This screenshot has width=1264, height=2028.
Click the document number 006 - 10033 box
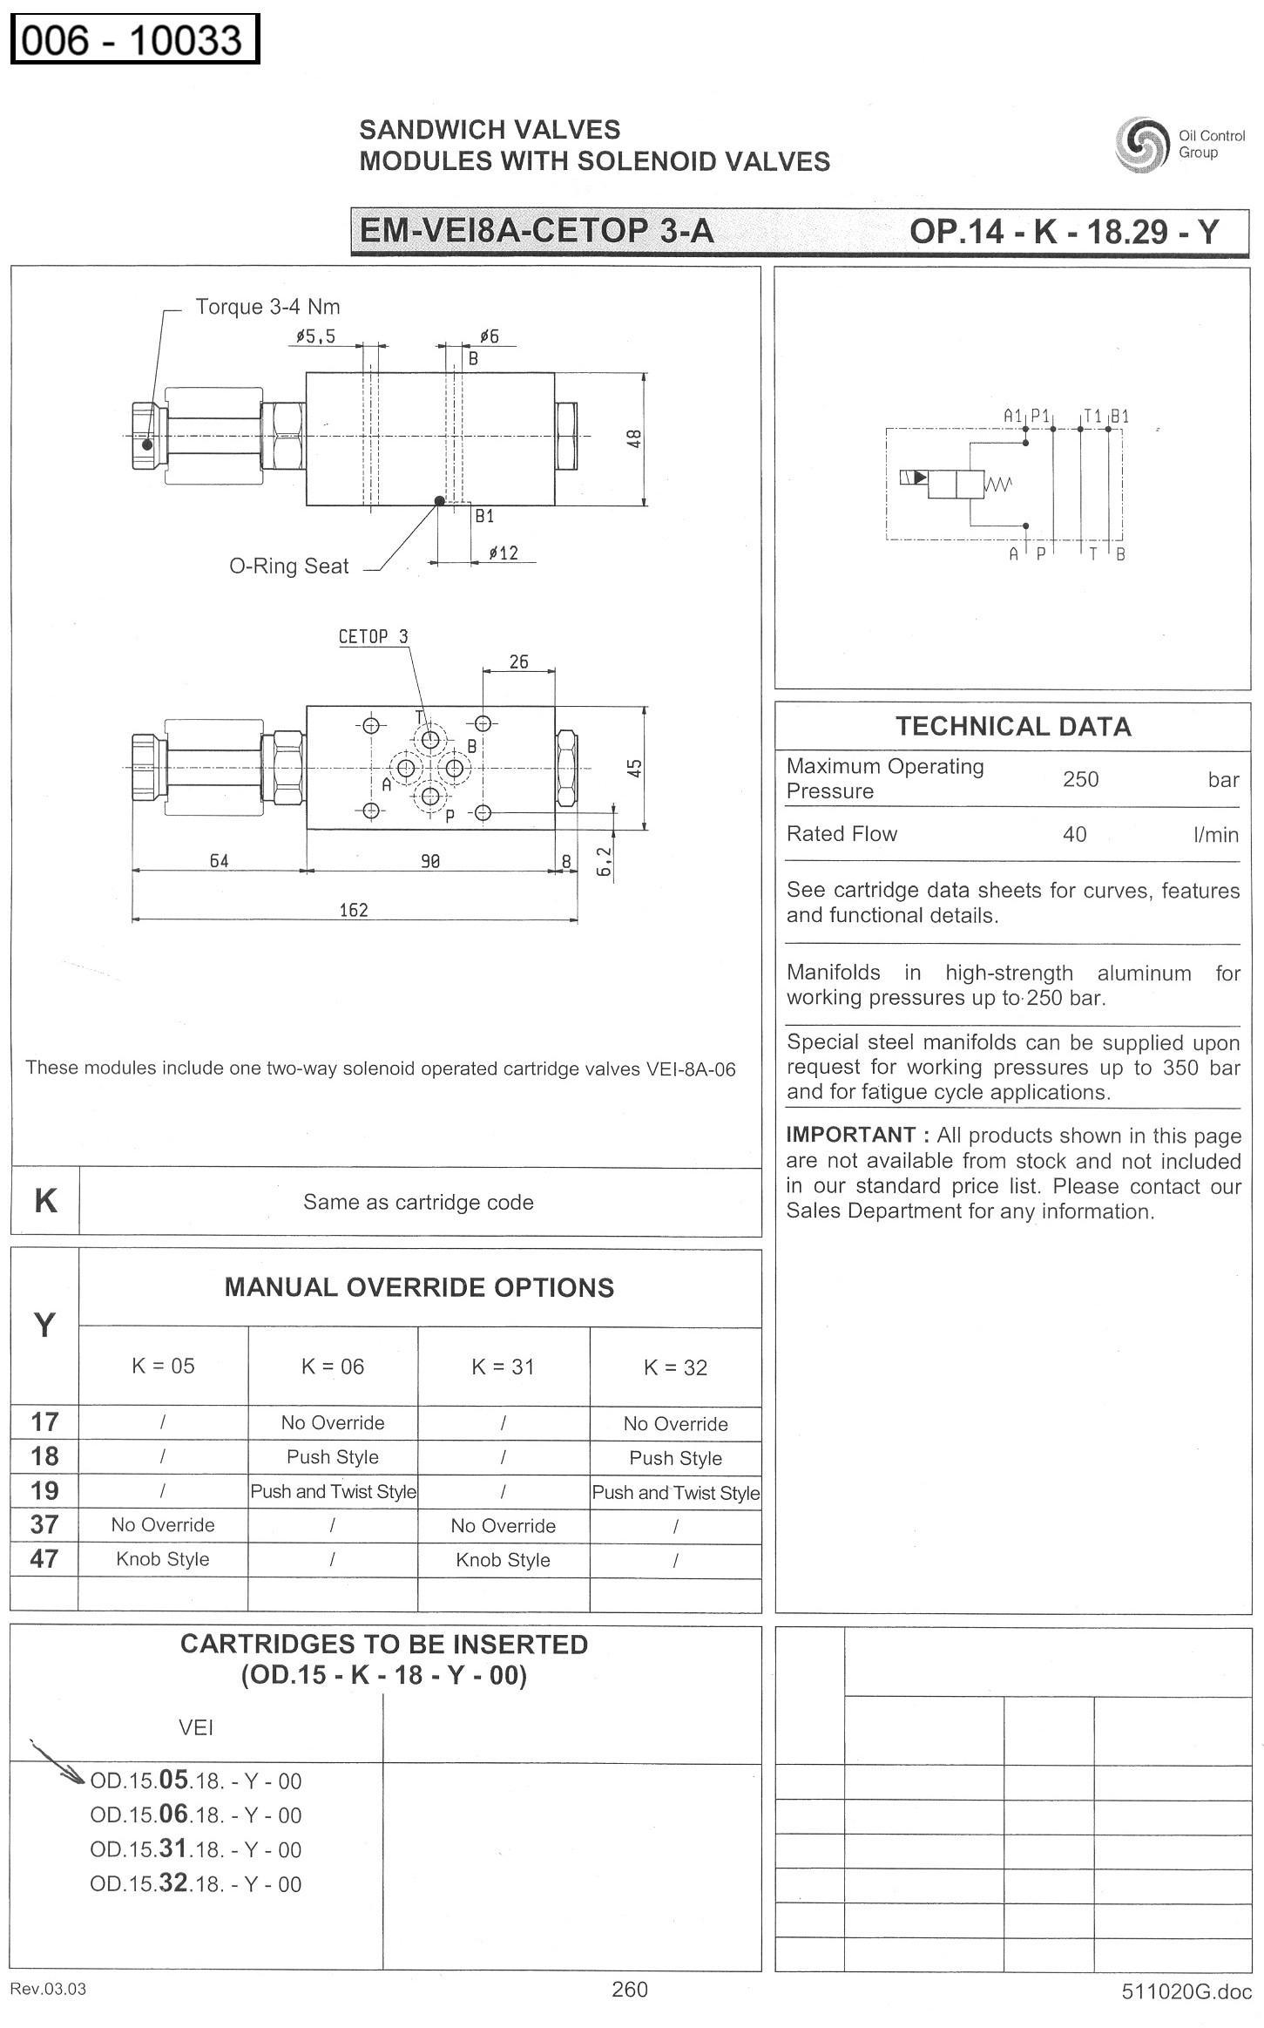134,40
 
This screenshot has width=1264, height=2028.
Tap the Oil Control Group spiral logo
1141,144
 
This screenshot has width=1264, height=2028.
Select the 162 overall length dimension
354,910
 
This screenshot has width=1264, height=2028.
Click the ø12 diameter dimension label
504,553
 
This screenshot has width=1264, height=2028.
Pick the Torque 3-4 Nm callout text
267,307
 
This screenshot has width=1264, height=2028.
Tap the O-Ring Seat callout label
288,566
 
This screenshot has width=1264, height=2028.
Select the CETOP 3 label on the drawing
373,636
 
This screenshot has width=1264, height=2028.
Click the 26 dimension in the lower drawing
518,661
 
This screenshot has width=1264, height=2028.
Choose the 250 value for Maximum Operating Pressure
1080,779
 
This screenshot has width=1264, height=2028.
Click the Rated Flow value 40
1074,834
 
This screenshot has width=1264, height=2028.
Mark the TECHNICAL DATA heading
1013,727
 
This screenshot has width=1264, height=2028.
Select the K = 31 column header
503,1367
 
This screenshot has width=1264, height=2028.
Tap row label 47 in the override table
44,1558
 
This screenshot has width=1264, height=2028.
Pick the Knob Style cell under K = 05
163,1559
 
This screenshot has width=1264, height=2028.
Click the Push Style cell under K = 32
675,1458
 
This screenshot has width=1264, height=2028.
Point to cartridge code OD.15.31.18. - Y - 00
195,1849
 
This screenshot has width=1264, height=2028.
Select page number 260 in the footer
630,1989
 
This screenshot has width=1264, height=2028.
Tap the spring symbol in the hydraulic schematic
998,484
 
